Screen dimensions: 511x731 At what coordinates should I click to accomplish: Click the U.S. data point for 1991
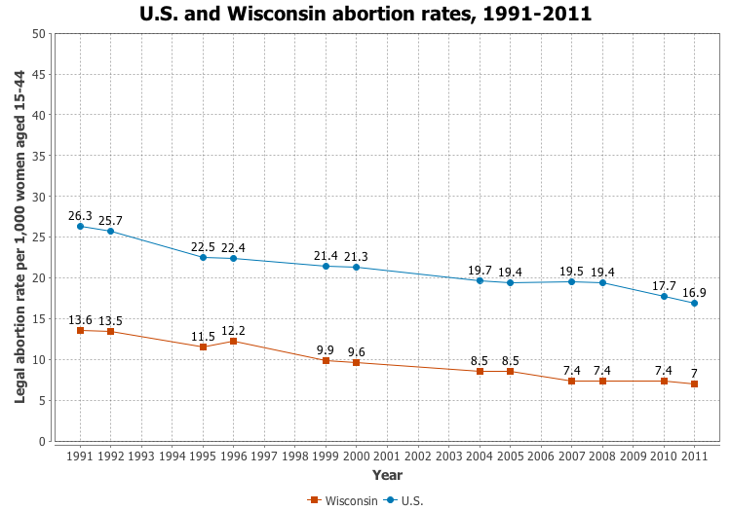(80, 227)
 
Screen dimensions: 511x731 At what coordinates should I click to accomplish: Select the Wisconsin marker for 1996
(233, 342)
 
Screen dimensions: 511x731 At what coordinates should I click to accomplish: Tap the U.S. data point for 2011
(694, 303)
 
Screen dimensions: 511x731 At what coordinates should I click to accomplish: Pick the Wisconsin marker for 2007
(571, 381)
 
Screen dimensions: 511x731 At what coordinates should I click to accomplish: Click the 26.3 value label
(80, 216)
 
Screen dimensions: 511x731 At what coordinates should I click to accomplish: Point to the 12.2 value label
(233, 330)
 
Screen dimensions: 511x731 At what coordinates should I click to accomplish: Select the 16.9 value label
(694, 292)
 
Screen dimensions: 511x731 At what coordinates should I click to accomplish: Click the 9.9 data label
(326, 349)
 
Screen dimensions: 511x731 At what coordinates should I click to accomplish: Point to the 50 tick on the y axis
(39, 34)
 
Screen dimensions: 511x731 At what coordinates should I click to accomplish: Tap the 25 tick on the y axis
(39, 237)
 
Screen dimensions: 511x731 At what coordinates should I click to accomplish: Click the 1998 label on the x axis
(294, 456)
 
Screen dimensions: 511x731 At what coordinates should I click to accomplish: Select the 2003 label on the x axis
(448, 456)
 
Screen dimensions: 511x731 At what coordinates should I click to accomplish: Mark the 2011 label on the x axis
(694, 456)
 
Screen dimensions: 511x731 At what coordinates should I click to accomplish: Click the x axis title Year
(387, 475)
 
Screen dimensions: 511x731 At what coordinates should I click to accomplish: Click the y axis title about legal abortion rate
(20, 237)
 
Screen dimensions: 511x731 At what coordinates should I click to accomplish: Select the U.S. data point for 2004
(480, 280)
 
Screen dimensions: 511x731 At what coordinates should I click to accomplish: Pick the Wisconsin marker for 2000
(356, 363)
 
